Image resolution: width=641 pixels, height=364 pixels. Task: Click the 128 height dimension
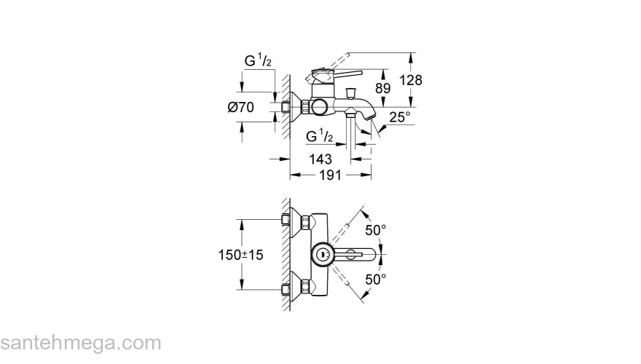coord(412,80)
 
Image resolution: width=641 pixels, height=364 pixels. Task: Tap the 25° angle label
coord(398,116)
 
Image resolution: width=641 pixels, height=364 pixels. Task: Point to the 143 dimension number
coord(320,159)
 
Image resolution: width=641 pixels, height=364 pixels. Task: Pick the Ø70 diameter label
coord(240,108)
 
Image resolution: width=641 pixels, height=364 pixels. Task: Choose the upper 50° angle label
coord(376,230)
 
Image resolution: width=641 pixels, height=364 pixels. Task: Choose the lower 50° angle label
coord(376,279)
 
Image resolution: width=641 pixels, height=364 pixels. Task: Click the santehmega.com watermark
coord(80,343)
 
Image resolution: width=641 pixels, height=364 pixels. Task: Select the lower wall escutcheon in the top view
coord(296,288)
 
